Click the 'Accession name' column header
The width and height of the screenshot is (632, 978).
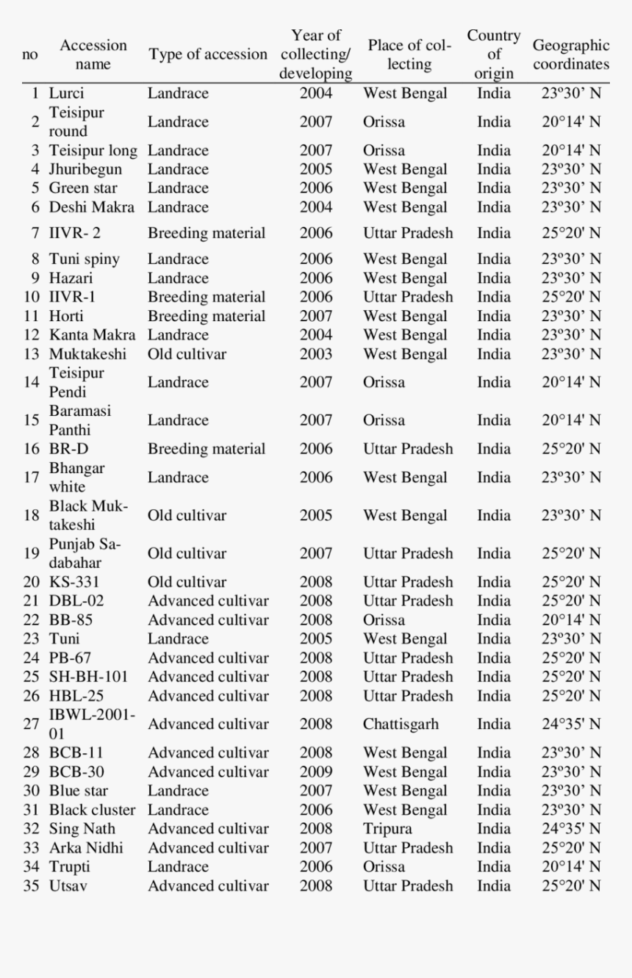(93, 54)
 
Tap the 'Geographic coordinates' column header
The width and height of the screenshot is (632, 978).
(571, 54)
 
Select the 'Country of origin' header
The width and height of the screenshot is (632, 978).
(494, 54)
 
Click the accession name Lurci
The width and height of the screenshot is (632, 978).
(66, 93)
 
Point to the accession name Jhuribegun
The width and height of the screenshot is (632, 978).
(85, 169)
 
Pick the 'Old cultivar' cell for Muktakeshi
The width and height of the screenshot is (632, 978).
(187, 354)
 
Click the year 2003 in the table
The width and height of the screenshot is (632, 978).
(315, 354)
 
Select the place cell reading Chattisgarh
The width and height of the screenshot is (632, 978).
(401, 724)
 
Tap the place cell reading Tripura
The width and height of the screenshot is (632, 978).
(387, 829)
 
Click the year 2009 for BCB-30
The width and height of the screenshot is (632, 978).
(315, 772)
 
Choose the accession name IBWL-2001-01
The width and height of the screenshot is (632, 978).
(91, 724)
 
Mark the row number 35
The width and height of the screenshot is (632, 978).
(32, 886)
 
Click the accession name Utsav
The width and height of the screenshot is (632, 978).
(68, 886)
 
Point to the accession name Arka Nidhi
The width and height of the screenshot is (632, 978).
(86, 848)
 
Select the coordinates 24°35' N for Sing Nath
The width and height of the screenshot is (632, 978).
(571, 829)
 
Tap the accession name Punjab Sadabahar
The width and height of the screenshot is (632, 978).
(85, 553)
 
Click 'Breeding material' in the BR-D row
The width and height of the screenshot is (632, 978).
(207, 449)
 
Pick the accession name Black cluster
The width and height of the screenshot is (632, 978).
(92, 810)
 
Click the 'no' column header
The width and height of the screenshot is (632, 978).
(31, 54)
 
